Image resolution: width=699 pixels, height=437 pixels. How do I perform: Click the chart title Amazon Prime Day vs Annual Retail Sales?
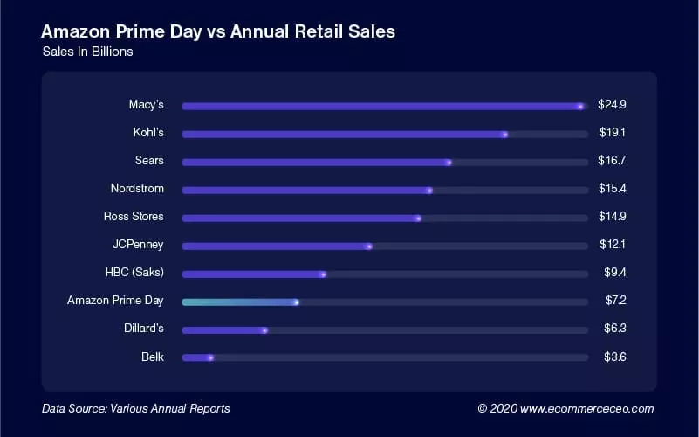218,32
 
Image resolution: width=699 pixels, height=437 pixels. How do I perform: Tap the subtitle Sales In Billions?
87,52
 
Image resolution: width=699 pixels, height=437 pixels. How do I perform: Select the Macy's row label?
146,105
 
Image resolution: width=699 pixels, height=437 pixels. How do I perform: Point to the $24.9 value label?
613,105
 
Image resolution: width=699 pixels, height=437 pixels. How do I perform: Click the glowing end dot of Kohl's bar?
505,135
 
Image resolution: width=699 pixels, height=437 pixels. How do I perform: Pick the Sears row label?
149,161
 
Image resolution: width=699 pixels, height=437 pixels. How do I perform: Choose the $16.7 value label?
613,161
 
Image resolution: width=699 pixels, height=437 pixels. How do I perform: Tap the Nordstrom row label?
137,189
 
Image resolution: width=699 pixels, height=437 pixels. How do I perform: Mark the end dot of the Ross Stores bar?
418,218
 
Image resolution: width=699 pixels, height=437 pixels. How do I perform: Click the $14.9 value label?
613,217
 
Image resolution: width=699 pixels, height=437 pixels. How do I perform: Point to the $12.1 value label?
613,245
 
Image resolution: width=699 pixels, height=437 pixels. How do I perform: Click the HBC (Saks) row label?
134,273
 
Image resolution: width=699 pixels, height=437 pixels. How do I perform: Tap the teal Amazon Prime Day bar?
238,302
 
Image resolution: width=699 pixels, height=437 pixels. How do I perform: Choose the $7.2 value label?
616,301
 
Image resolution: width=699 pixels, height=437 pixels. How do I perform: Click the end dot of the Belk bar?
211,358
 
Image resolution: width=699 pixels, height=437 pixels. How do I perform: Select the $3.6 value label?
616,357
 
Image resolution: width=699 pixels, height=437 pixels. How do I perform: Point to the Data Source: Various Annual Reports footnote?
136,408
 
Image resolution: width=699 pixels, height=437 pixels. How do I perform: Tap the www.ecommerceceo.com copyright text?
565,408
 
